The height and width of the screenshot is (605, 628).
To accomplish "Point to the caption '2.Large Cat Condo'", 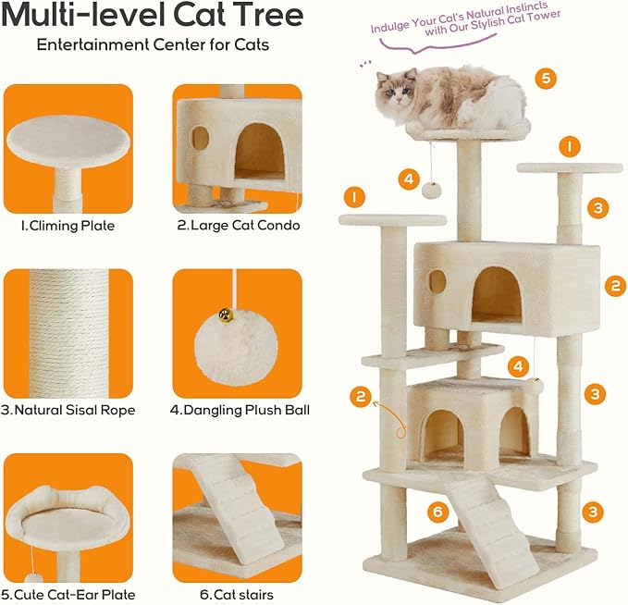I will (x=238, y=224).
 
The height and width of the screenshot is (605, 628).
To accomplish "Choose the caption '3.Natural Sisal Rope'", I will (x=70, y=410).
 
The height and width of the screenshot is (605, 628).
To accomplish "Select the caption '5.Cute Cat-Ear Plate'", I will (x=70, y=594).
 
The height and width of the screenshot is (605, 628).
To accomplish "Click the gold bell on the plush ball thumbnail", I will (x=225, y=316).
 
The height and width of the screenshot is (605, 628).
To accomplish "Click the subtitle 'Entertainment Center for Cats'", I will (x=154, y=44).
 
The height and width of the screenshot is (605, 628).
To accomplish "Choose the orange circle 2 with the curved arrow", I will (x=361, y=398).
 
